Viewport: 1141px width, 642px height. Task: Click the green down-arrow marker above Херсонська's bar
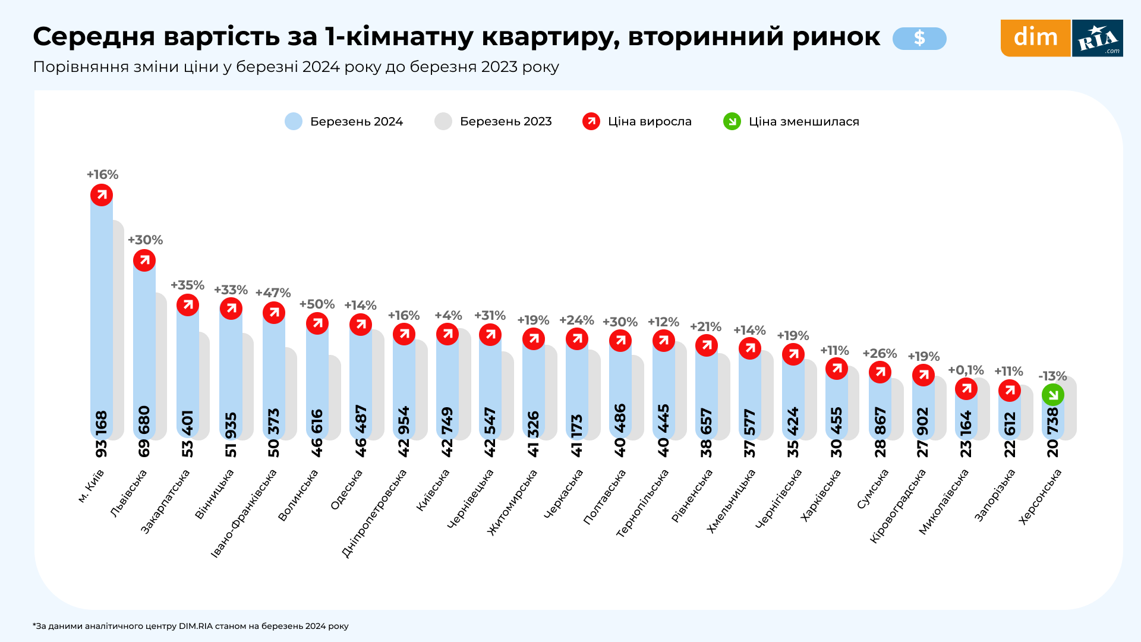(x=1052, y=395)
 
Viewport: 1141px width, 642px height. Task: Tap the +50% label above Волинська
(x=317, y=304)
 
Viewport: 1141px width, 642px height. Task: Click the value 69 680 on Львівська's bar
(x=144, y=431)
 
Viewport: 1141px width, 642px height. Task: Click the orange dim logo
(x=1035, y=38)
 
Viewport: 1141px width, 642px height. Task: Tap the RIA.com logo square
(x=1098, y=38)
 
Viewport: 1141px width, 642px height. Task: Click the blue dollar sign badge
(x=919, y=39)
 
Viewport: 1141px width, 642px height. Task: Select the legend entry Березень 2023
(x=493, y=121)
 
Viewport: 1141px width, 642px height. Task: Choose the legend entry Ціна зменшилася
(x=791, y=121)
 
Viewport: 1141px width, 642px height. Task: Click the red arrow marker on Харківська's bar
(x=836, y=369)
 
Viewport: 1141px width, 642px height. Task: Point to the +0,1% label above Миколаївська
(x=966, y=370)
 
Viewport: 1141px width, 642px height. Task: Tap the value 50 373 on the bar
(x=273, y=432)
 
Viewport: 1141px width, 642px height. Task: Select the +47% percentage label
(x=273, y=293)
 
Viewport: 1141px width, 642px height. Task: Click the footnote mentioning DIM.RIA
(x=190, y=626)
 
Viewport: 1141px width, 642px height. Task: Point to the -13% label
(x=1052, y=376)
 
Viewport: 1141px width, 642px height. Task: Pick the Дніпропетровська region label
(x=374, y=513)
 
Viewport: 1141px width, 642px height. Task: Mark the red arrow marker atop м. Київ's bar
(x=102, y=195)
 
